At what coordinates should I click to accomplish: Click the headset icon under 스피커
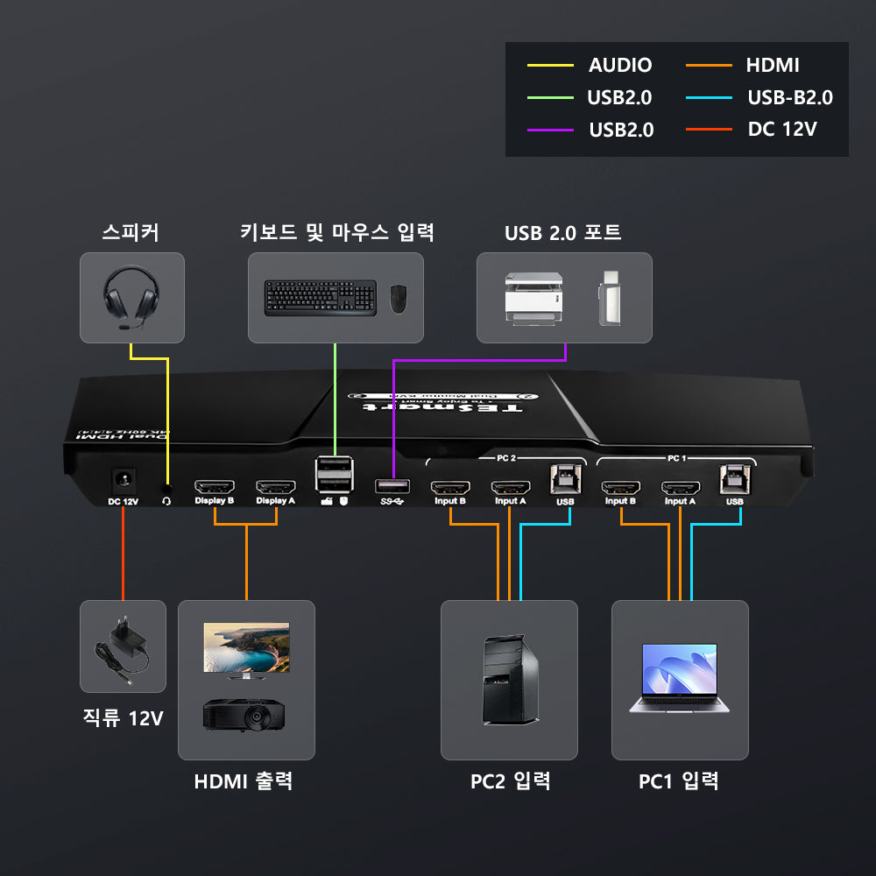click(x=131, y=297)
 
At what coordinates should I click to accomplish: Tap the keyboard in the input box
click(x=321, y=297)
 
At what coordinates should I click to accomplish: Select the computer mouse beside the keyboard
click(x=398, y=299)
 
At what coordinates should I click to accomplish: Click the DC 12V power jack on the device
click(x=123, y=481)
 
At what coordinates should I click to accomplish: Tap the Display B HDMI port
click(x=214, y=486)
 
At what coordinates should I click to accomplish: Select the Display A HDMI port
click(x=275, y=486)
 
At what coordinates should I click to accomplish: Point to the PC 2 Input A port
click(x=510, y=488)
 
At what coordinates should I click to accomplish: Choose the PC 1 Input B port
click(x=620, y=488)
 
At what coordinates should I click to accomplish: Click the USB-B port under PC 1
click(x=734, y=478)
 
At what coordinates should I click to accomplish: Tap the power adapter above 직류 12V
click(x=123, y=649)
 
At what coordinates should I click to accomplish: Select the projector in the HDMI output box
click(x=244, y=714)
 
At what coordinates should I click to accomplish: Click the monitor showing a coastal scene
click(x=246, y=649)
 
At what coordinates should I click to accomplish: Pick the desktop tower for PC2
click(x=508, y=679)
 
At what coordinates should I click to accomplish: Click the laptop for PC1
click(x=680, y=677)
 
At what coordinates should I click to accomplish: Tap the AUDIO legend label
click(x=620, y=65)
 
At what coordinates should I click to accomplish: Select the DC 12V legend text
click(x=782, y=130)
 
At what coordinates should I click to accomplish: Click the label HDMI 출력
click(x=244, y=781)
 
